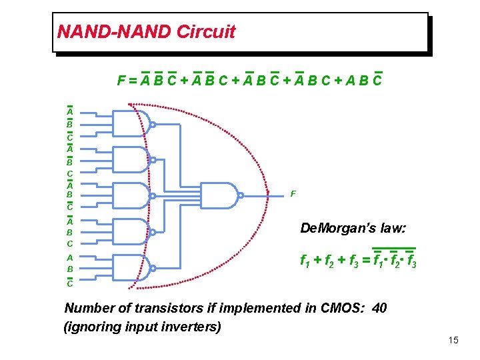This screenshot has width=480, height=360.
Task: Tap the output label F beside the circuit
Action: pos(293,194)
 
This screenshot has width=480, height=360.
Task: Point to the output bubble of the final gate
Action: pos(241,195)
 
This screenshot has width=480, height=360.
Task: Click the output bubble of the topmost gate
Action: pos(153,124)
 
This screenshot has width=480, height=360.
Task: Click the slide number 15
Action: pos(453,341)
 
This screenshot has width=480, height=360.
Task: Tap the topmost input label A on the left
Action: pos(69,112)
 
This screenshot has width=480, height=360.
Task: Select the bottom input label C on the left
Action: pos(69,283)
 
